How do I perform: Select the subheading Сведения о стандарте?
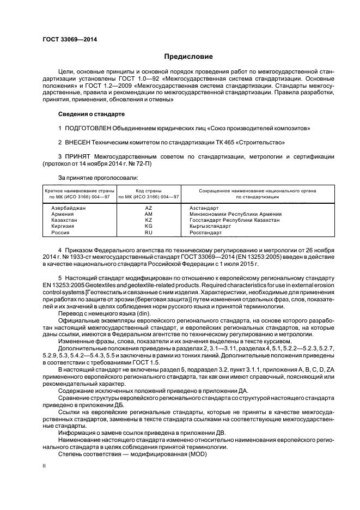click(91, 114)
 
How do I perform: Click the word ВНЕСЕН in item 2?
click(79, 142)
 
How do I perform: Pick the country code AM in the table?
click(149, 214)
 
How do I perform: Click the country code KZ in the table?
click(149, 220)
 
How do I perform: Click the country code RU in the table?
click(149, 232)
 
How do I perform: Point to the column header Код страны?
click(149, 191)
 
